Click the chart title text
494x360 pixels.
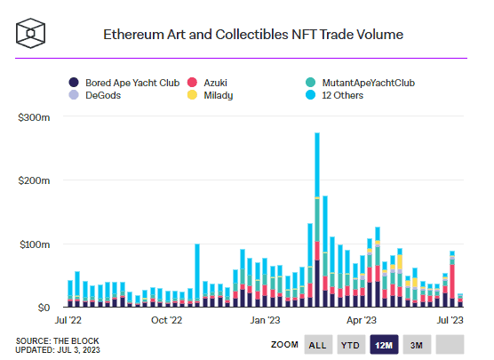pyautogui.click(x=253, y=35)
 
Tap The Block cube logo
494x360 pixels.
pyautogui.click(x=30, y=33)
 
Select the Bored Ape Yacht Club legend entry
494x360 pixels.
pyautogui.click(x=124, y=83)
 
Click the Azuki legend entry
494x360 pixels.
pyautogui.click(x=207, y=83)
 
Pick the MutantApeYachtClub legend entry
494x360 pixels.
pyautogui.click(x=360, y=83)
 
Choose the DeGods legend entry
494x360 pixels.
pyautogui.click(x=95, y=95)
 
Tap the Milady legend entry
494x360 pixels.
pyautogui.click(x=211, y=95)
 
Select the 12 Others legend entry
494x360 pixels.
pyautogui.click(x=334, y=95)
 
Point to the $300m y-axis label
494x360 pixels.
pyautogui.click(x=34, y=117)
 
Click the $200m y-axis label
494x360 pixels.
pyautogui.click(x=34, y=180)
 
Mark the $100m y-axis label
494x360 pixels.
pyautogui.click(x=35, y=244)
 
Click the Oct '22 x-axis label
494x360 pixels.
pyautogui.click(x=166, y=320)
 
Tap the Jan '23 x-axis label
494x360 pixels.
pyautogui.click(x=265, y=320)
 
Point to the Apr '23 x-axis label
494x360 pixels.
pyautogui.click(x=362, y=320)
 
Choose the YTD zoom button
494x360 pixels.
pyautogui.click(x=350, y=345)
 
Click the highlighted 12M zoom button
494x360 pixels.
pyautogui.click(x=384, y=345)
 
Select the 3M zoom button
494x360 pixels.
pyautogui.click(x=417, y=345)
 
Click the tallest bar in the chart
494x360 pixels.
pyautogui.click(x=317, y=220)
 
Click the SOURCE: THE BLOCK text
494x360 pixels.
pyautogui.click(x=58, y=341)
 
